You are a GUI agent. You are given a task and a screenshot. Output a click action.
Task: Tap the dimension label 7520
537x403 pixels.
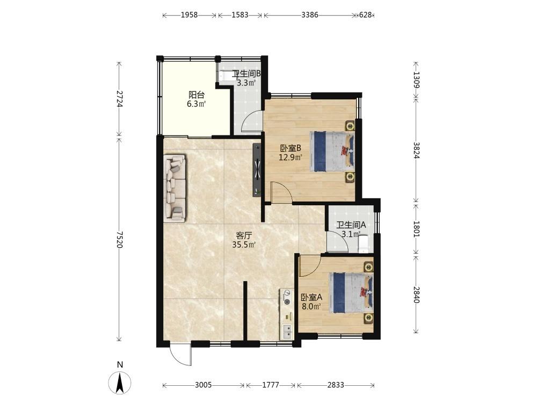click(119, 239)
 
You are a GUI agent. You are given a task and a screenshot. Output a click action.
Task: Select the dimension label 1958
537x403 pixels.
click(189, 15)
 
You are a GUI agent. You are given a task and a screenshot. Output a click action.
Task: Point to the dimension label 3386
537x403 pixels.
click(310, 15)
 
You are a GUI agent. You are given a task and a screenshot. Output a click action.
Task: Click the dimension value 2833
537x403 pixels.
click(336, 385)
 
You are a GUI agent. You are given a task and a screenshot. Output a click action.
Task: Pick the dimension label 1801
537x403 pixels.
click(416, 229)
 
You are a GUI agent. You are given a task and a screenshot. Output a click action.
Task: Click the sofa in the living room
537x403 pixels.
click(175, 187)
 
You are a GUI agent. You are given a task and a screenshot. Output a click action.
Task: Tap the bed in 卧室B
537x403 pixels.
click(332, 151)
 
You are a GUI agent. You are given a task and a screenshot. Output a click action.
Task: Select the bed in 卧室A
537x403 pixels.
click(351, 292)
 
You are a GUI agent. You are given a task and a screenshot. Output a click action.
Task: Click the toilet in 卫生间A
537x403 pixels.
click(364, 243)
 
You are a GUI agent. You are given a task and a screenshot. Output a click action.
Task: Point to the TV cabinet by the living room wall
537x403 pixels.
click(257, 170)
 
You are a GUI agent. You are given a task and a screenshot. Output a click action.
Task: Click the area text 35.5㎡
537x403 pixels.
click(244, 244)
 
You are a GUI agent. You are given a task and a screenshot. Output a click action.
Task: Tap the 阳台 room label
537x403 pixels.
click(196, 95)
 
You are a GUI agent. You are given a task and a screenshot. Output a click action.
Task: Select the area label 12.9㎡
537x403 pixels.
click(291, 157)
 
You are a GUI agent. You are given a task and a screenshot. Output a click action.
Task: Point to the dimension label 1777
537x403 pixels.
click(271, 385)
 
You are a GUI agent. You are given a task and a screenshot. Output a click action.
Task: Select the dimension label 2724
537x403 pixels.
click(119, 99)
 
